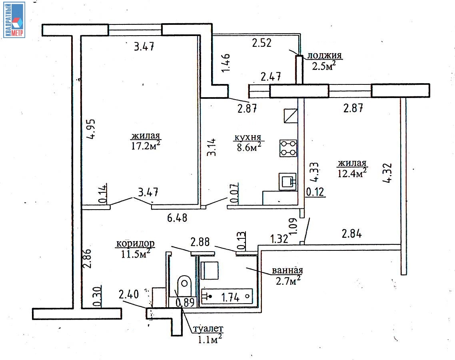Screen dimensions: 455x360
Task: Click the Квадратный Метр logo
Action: coord(14,20)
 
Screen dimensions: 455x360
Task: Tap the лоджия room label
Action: coord(324,55)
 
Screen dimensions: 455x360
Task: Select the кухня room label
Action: coord(248,137)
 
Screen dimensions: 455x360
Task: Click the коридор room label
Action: coord(135,244)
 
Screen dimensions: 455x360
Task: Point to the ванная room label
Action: coord(287,270)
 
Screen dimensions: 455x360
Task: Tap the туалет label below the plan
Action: coord(208,329)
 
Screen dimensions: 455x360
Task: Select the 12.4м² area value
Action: coord(352,173)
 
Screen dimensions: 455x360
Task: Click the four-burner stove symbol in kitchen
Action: coord(288,148)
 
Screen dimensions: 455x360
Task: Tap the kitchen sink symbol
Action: coord(287,182)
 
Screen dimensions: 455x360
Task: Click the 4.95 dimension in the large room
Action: coord(91,129)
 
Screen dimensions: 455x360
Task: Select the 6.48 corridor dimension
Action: coord(177,218)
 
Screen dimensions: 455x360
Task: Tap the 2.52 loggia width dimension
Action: coord(262,43)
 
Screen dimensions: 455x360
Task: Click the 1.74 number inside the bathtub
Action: coord(230,297)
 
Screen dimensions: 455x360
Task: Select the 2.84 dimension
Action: coord(352,234)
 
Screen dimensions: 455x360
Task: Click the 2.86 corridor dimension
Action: coord(87,258)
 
